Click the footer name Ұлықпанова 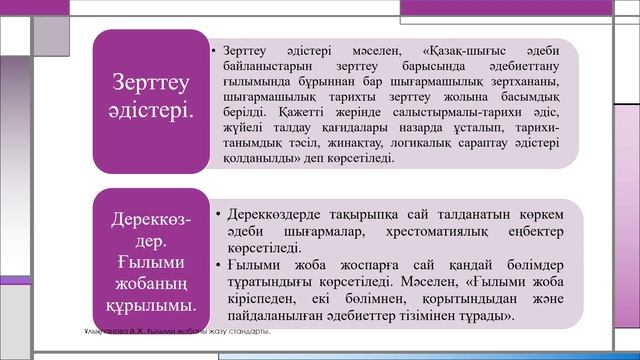click(104, 331)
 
